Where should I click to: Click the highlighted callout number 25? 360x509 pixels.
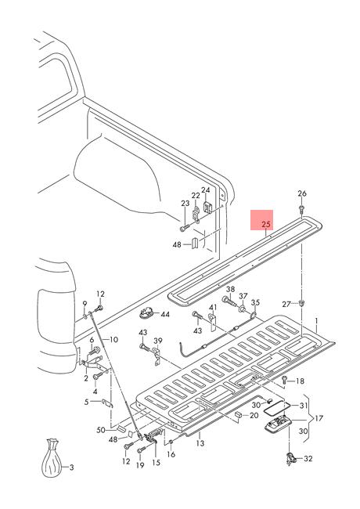coord(266,224)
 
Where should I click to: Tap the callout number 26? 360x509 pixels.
coord(302,193)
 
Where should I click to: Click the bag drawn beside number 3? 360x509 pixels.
coord(52,458)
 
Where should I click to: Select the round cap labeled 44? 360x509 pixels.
coord(147,313)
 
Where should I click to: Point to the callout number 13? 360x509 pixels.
coord(200,442)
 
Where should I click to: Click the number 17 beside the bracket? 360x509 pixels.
coord(319,418)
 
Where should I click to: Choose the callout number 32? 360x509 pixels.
coord(308,459)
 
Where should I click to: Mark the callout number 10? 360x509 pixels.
coord(113,340)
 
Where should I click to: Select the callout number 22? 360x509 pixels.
coord(196,196)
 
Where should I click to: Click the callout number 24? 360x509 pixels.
coord(206,190)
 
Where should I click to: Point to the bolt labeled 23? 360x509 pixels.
coord(184,229)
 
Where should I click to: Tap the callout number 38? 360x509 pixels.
coord(230,289)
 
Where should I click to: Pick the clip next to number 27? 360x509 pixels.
coord(302,304)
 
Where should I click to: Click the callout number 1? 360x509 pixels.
coord(317,321)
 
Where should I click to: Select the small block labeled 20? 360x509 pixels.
coord(238,415)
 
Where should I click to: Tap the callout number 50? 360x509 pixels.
coord(101,430)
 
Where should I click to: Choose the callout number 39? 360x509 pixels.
coord(158,341)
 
